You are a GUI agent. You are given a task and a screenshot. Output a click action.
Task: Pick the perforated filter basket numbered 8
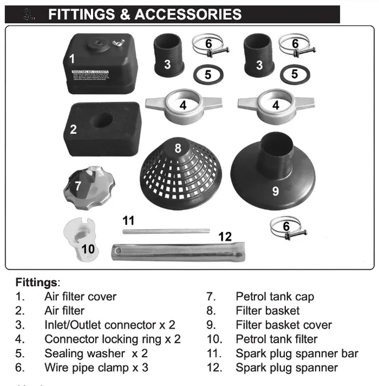coord(179,168)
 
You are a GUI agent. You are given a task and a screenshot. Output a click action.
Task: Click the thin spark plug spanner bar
coord(165,231)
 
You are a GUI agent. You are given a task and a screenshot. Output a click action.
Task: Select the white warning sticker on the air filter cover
coord(94,74)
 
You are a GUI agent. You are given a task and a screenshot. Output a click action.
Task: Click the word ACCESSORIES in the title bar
coord(188,14)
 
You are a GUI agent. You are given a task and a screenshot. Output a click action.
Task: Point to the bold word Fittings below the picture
coord(36,282)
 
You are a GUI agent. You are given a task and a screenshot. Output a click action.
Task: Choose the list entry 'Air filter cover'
coord(80,297)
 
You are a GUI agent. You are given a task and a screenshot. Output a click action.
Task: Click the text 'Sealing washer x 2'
coord(96,353)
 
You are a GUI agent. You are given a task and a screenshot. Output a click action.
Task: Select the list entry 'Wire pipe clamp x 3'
coord(96,367)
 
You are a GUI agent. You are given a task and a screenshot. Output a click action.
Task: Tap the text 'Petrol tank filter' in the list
coord(277,339)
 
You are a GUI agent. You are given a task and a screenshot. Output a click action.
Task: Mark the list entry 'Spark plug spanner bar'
coord(297,353)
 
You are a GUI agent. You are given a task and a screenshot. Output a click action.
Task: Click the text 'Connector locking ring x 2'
coord(112,339)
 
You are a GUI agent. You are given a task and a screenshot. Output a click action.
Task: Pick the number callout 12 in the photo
coord(225,237)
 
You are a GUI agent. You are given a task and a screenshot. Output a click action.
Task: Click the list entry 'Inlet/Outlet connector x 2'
coord(110,325)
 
